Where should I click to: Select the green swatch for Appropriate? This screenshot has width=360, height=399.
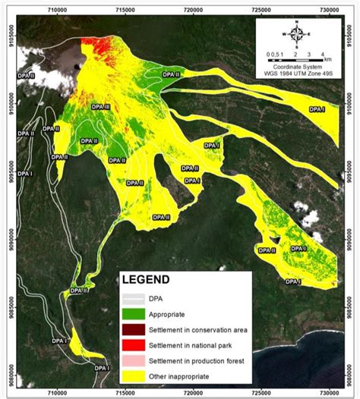pyautogui.click(x=135, y=313)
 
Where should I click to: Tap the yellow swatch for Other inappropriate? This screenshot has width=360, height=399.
pyautogui.click(x=135, y=375)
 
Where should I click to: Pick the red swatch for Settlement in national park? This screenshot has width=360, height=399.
pyautogui.click(x=135, y=344)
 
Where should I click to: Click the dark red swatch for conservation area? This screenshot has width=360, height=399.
pyautogui.click(x=135, y=328)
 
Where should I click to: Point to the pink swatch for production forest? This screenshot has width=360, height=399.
pyautogui.click(x=135, y=360)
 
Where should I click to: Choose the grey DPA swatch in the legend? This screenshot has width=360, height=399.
pyautogui.click(x=135, y=297)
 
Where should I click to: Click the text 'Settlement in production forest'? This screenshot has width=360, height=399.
pyautogui.click(x=197, y=360)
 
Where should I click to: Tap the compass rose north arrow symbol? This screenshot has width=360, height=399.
pyautogui.click(x=298, y=34)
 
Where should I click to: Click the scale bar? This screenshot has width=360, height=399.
pyautogui.click(x=295, y=59)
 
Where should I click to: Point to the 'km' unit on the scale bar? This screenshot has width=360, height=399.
pyautogui.click(x=327, y=58)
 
